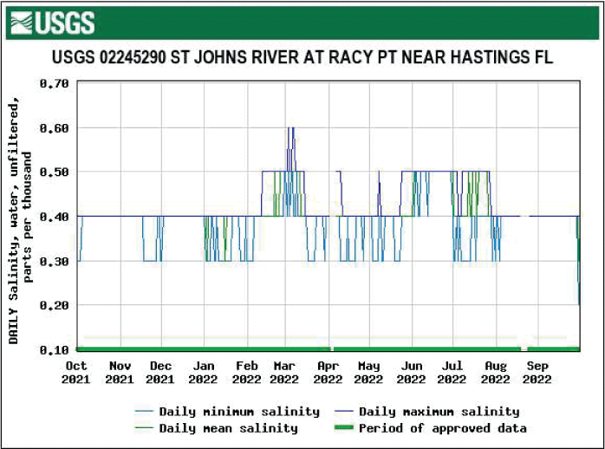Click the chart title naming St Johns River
tap(302, 58)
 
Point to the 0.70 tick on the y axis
tap(54, 84)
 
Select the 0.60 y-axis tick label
tap(54, 128)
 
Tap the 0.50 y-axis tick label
tap(54, 172)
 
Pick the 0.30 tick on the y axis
tap(54, 261)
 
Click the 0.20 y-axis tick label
tap(54, 305)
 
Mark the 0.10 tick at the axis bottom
tap(54, 349)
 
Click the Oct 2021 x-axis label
tap(77, 372)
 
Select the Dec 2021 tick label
tap(160, 372)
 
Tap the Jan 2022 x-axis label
tap(203, 372)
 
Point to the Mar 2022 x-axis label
tap(284, 372)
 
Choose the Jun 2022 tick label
tap(412, 372)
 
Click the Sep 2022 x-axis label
tap(537, 372)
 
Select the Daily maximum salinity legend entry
tap(439, 412)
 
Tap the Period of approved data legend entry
tap(442, 428)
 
